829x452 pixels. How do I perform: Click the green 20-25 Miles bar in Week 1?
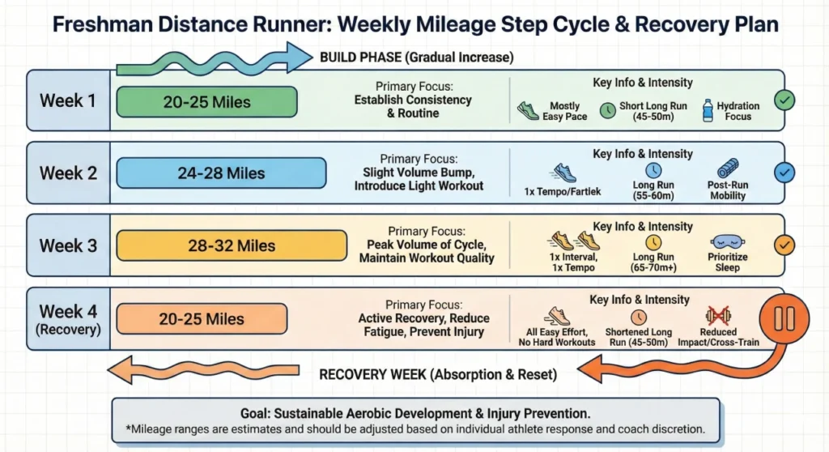pos(206,102)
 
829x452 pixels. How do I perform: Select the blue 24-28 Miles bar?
pos(221,173)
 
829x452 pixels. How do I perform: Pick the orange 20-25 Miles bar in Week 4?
pos(201,319)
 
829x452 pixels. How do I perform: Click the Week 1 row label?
pos(68,101)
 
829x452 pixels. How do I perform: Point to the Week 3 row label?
pos(68,245)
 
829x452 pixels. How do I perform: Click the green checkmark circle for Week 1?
pos(784,100)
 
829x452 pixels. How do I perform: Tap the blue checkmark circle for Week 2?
pos(784,173)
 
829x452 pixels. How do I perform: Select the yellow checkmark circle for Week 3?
pos(784,244)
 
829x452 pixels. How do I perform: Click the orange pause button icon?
pos(784,318)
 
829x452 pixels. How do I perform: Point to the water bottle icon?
pos(708,110)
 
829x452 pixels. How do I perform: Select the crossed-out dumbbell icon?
pos(718,313)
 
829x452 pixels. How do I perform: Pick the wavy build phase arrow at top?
pos(215,59)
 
